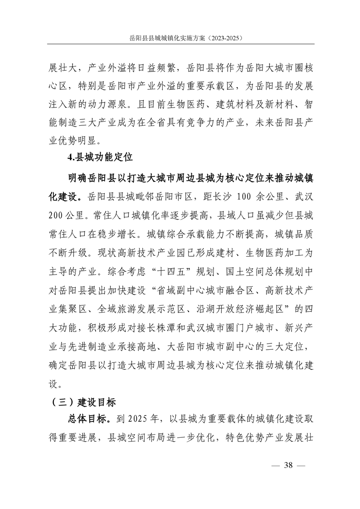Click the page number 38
tap(288, 465)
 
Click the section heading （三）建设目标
tap(82, 402)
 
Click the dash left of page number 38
tap(273, 465)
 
